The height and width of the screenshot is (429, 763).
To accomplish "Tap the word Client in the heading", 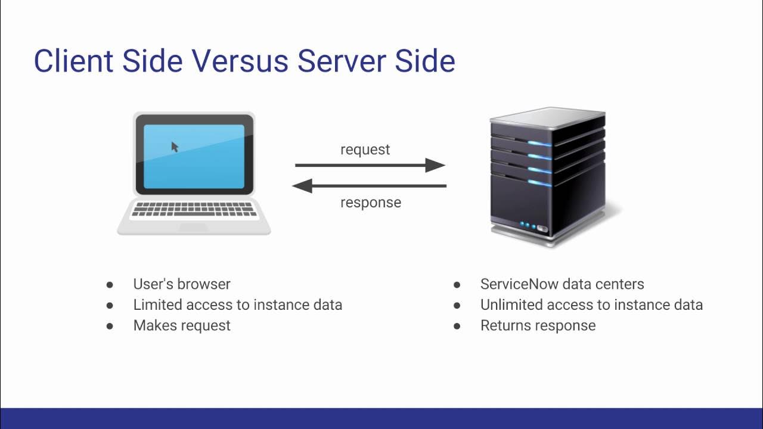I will [x=73, y=61].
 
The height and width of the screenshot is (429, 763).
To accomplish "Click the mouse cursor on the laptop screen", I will [x=175, y=147].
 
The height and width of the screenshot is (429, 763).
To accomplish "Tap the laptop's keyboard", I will [x=194, y=209].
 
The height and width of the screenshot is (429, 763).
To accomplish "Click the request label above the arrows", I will [x=365, y=150].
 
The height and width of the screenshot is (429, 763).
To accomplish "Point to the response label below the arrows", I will [x=370, y=203].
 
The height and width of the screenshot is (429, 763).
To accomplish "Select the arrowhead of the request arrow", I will [x=437, y=166].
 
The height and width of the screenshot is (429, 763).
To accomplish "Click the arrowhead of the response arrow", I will [x=302, y=186].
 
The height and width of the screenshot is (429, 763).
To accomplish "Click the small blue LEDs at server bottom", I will [x=528, y=225].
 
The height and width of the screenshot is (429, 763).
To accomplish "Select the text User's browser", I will [x=182, y=284].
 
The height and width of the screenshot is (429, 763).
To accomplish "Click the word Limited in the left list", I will [x=157, y=305].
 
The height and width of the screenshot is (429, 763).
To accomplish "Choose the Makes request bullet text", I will [x=182, y=325].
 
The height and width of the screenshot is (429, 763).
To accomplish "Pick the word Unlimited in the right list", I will [x=510, y=305].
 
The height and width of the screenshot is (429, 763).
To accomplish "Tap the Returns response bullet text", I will [x=538, y=325].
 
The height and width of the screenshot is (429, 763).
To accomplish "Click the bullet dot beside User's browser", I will [x=110, y=285].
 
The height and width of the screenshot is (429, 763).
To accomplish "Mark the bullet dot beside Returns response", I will [x=457, y=326].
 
